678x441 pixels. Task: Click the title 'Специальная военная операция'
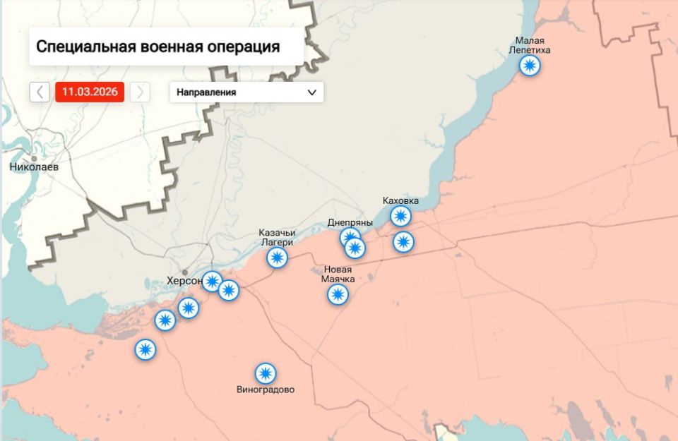click(157, 47)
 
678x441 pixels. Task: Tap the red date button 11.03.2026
click(90, 92)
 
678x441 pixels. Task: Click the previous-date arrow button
click(40, 92)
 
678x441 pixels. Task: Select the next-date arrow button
click(140, 92)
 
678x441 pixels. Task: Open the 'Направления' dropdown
click(246, 92)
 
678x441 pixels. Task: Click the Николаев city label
click(35, 167)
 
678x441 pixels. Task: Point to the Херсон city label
click(184, 281)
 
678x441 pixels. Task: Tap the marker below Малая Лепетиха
click(530, 66)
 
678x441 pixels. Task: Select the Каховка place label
click(400, 200)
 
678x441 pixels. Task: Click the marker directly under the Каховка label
click(400, 216)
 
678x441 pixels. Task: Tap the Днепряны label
click(350, 222)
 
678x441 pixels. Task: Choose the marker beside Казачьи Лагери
click(278, 258)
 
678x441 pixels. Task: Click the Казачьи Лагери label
click(277, 238)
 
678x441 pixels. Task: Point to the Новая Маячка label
click(338, 274)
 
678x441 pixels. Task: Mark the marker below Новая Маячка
click(338, 294)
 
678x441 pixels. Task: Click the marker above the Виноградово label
click(266, 373)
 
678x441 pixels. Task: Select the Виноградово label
click(266, 389)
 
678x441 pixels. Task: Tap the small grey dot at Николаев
click(34, 158)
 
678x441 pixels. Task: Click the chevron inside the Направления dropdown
click(312, 92)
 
